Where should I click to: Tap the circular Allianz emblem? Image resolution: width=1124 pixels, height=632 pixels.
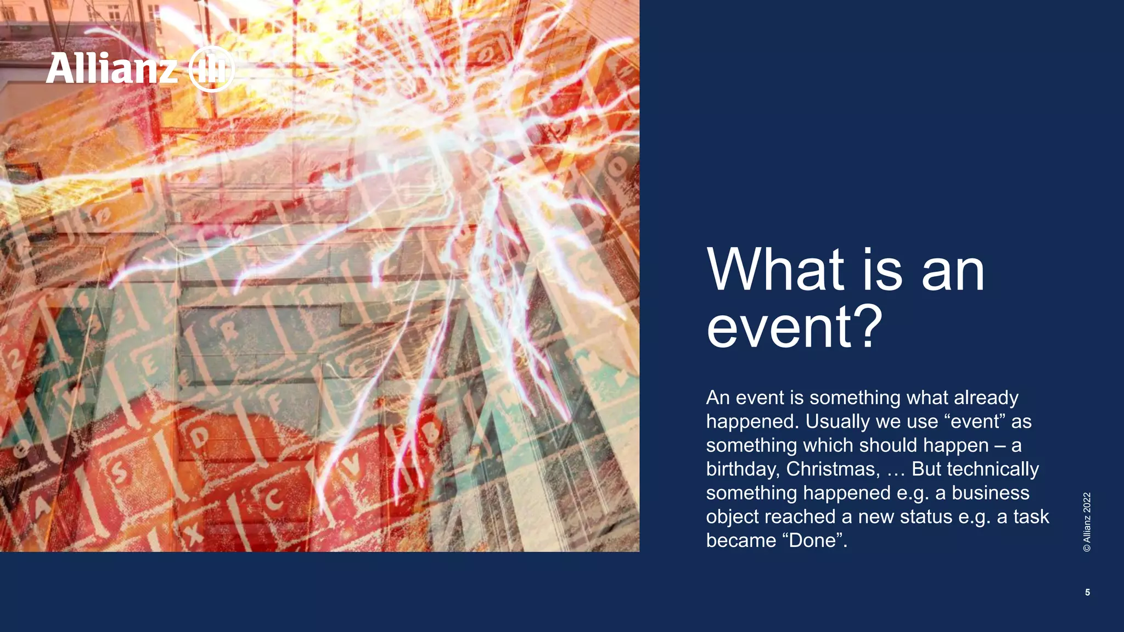pyautogui.click(x=211, y=69)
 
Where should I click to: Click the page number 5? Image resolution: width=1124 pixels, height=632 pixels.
pyautogui.click(x=1087, y=592)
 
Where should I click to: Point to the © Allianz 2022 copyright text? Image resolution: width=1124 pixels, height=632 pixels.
pyautogui.click(x=1087, y=522)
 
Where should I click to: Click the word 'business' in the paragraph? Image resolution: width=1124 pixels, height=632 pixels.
pyautogui.click(x=990, y=493)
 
